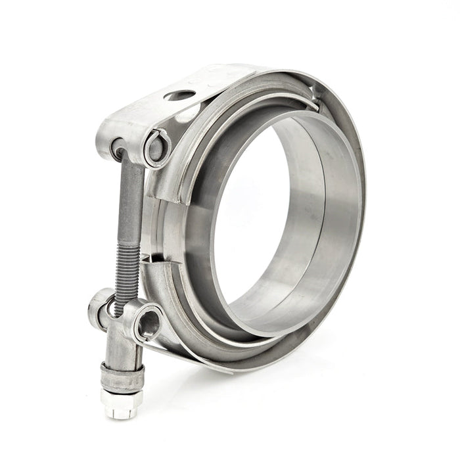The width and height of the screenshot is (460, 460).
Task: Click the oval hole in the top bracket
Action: [x=179, y=96]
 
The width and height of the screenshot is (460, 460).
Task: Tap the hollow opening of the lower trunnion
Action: [x=150, y=323]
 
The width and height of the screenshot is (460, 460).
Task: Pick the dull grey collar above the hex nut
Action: [x=122, y=377]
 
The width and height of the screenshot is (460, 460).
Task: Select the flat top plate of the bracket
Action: [x=197, y=82]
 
